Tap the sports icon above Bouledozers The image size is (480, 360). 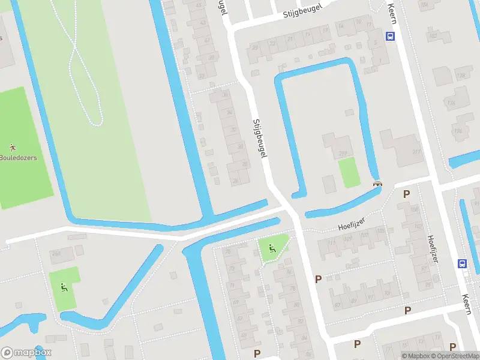[x=12, y=147]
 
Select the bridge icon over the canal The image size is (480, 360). [x=377, y=184]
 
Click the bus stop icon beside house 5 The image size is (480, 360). [x=391, y=36]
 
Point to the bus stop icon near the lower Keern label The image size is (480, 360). [x=463, y=263]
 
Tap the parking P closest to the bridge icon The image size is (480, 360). [x=406, y=194]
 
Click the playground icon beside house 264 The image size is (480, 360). [x=64, y=287]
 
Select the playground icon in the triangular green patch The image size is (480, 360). [x=271, y=248]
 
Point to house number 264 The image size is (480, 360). [x=55, y=254]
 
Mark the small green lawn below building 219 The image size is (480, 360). [x=349, y=173]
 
